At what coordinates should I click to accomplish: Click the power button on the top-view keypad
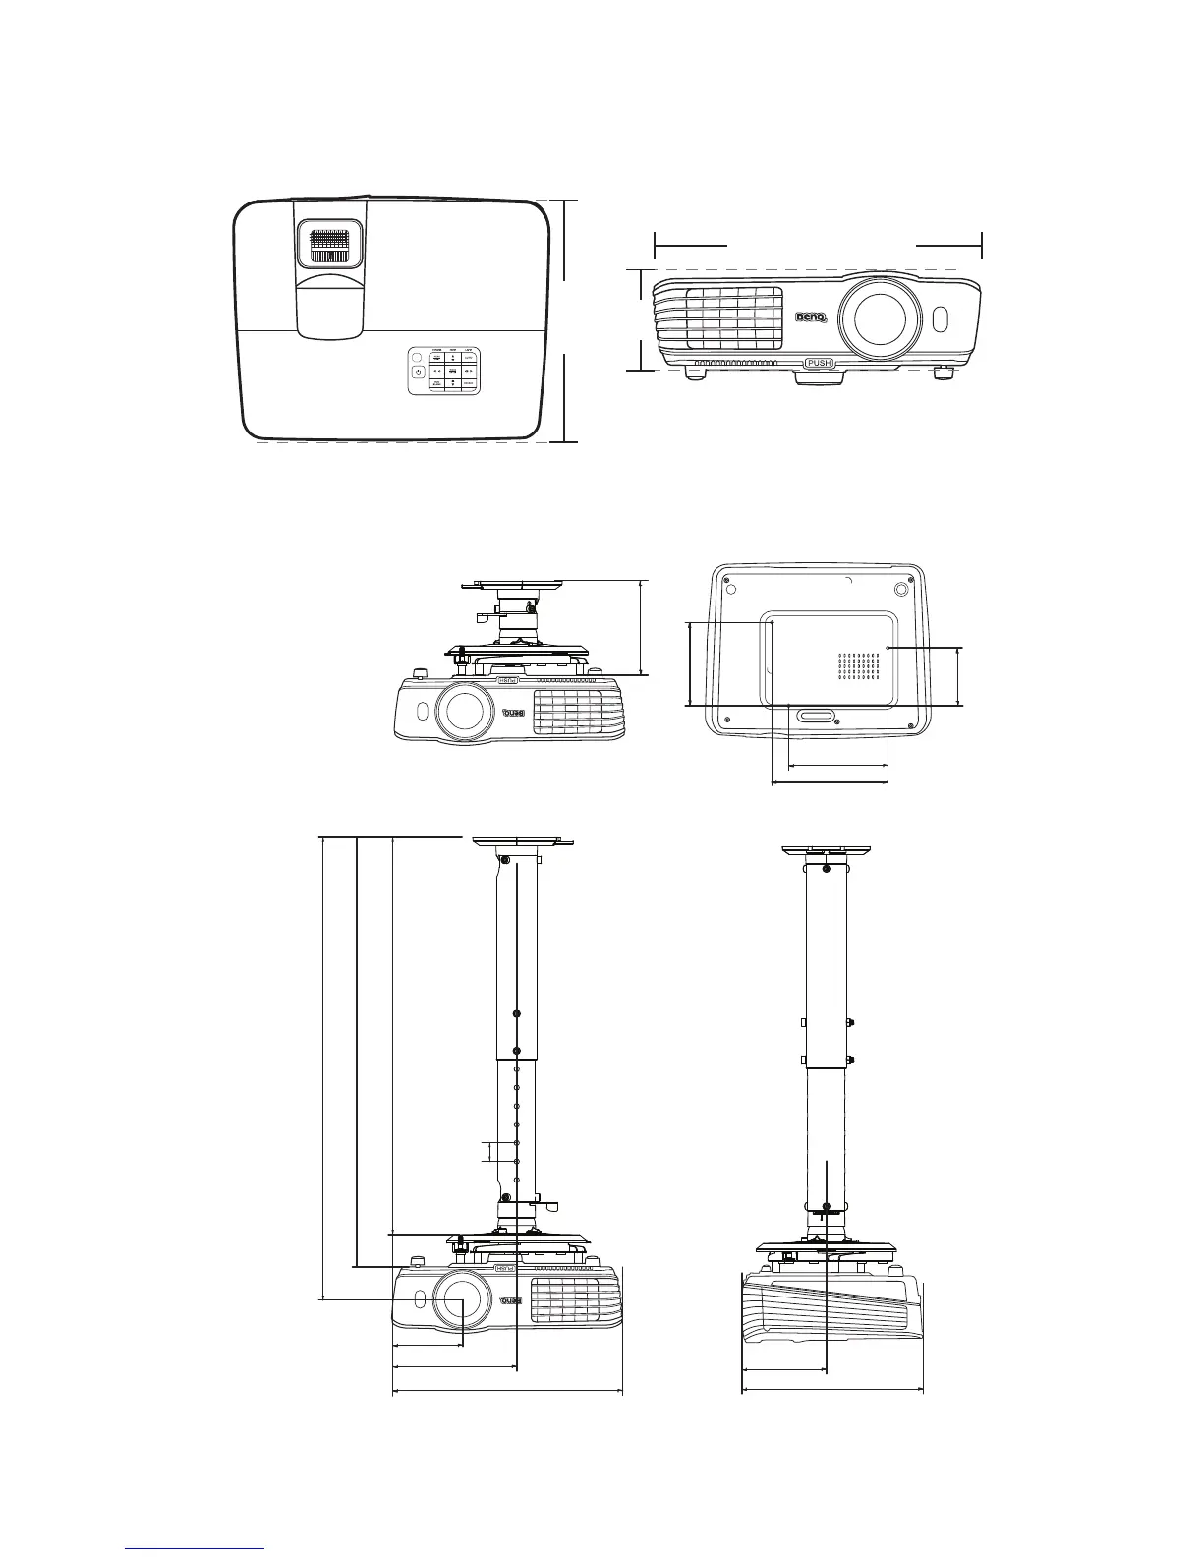419,372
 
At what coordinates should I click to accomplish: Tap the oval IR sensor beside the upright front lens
940,319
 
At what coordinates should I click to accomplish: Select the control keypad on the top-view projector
443,372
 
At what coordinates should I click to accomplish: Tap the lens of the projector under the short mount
465,710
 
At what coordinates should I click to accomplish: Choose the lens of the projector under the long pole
461,1299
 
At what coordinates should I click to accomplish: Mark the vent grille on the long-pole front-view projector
574,1299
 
